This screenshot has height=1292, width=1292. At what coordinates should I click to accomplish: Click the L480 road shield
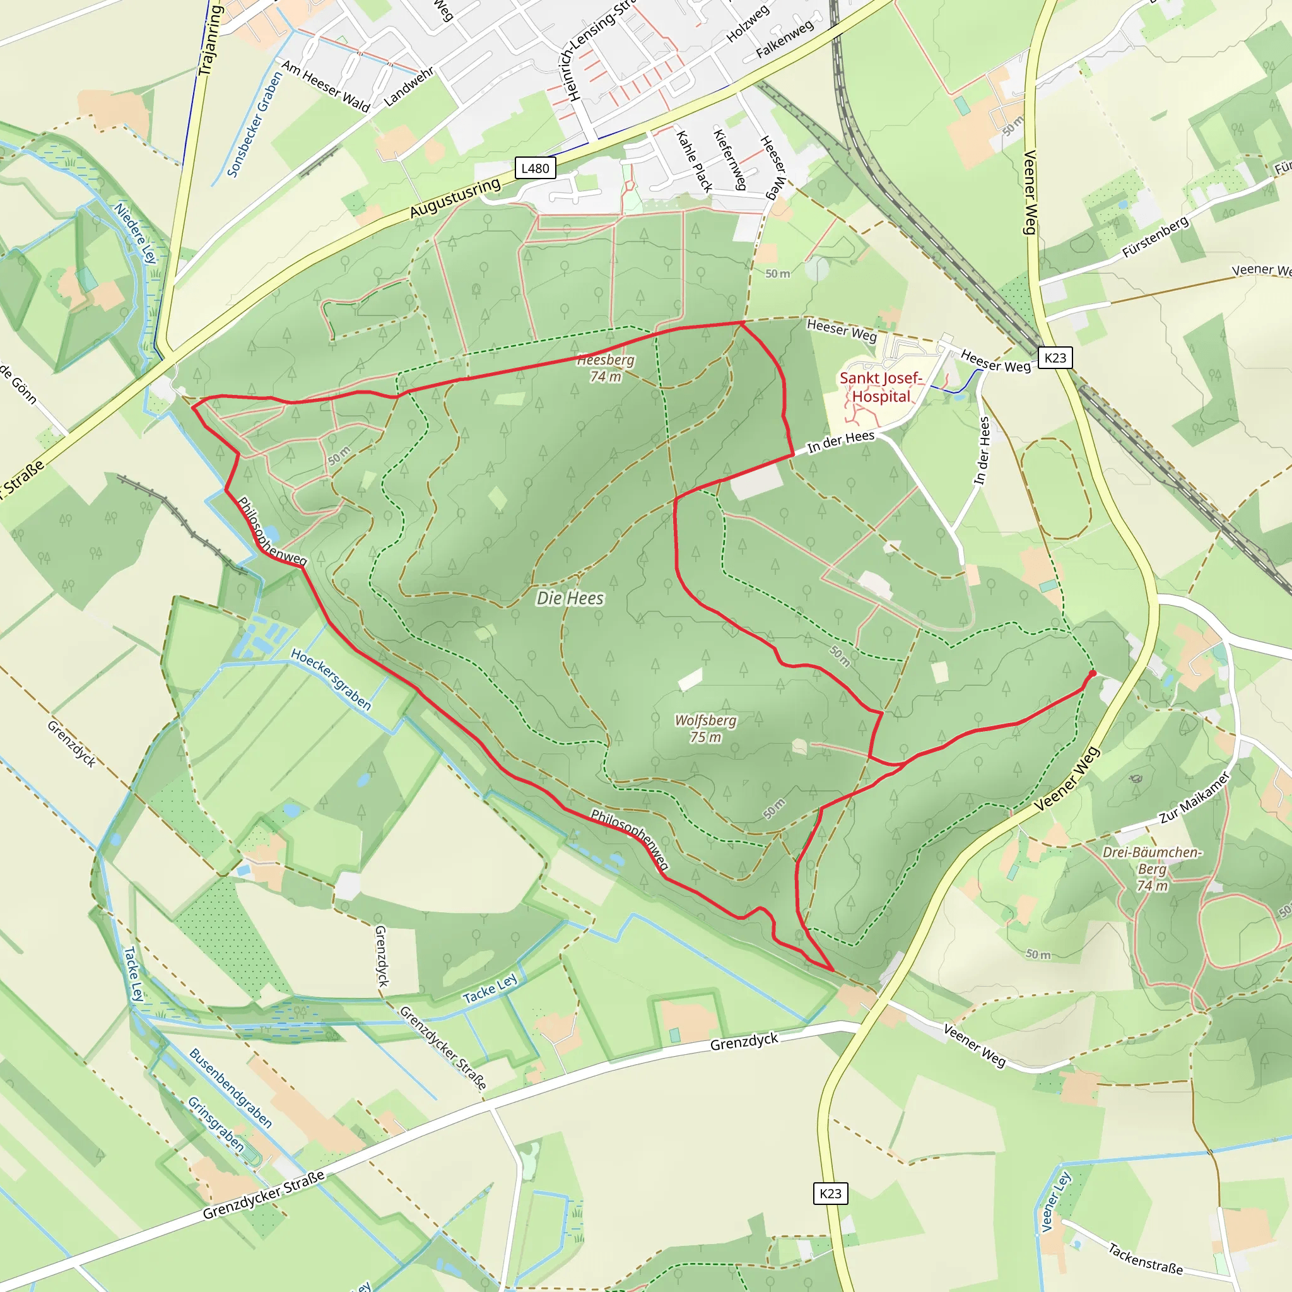click(x=535, y=168)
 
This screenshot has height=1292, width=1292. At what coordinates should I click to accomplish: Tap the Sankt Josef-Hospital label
click(x=881, y=387)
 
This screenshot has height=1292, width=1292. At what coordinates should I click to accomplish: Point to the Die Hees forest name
click(x=570, y=598)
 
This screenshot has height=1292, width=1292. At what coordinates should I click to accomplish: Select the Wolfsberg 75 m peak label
click(x=705, y=728)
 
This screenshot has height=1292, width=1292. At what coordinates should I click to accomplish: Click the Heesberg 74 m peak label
click(x=606, y=368)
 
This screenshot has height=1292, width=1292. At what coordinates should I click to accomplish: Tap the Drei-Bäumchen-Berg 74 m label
click(x=1152, y=869)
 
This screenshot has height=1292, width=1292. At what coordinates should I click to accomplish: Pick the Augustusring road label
click(x=455, y=198)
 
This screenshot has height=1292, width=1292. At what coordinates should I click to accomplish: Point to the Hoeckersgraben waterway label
click(x=331, y=679)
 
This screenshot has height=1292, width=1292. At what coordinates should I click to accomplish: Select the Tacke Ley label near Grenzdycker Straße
click(x=490, y=989)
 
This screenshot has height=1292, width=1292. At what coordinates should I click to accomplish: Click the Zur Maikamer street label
click(x=1194, y=798)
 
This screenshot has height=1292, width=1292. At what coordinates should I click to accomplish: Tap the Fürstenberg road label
click(x=1156, y=237)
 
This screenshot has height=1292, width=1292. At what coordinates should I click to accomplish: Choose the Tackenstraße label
click(x=1146, y=1259)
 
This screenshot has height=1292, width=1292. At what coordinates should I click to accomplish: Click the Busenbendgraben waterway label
click(x=231, y=1088)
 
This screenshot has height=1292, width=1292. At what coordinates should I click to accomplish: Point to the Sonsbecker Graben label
click(x=255, y=124)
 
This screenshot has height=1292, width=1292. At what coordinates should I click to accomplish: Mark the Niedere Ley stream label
click(x=135, y=233)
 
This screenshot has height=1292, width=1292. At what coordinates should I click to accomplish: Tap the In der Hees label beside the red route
click(x=840, y=442)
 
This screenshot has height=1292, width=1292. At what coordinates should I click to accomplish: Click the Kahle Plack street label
click(x=695, y=161)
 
